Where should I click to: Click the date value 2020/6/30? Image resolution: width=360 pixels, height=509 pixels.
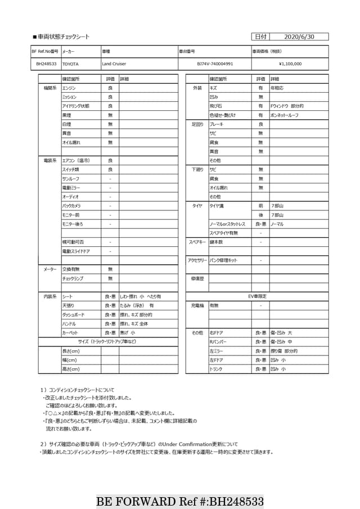pyautogui.click(x=299, y=37)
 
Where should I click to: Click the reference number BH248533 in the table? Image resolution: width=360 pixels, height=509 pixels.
pyautogui.click(x=46, y=64)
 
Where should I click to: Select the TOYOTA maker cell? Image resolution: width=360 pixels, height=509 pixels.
pyautogui.click(x=70, y=64)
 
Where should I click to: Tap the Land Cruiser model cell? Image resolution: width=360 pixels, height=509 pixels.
pyautogui.click(x=114, y=64)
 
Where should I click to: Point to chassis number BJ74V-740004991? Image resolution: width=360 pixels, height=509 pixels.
pyautogui.click(x=215, y=64)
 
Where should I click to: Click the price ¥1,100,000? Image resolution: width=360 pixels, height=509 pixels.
pyautogui.click(x=290, y=64)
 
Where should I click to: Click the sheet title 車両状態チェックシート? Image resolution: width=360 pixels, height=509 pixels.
pyautogui.click(x=63, y=37)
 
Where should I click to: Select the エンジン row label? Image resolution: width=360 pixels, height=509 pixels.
pyautogui.click(x=69, y=88)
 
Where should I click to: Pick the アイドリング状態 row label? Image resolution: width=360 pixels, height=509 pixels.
pyautogui.click(x=75, y=106)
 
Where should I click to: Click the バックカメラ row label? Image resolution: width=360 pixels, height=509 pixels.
pyautogui.click(x=71, y=206)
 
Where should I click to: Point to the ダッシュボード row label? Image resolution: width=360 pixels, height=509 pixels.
pyautogui.click(x=73, y=315)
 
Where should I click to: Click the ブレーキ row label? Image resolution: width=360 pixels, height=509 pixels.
pyautogui.click(x=216, y=124)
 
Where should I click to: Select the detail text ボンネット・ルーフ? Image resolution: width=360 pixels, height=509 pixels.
pyautogui.click(x=285, y=115)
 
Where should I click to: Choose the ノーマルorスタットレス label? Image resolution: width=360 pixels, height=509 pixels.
pyautogui.click(x=227, y=224)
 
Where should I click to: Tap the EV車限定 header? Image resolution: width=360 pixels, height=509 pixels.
pyautogui.click(x=257, y=296)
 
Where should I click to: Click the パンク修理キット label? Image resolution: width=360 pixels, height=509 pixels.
pyautogui.click(x=223, y=260)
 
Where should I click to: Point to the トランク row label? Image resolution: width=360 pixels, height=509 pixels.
pyautogui.click(x=215, y=369)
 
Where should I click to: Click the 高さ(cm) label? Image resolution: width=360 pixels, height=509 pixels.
pyautogui.click(x=70, y=369)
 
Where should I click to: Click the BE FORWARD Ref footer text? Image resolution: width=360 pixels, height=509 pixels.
pyautogui.click(x=180, y=501)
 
